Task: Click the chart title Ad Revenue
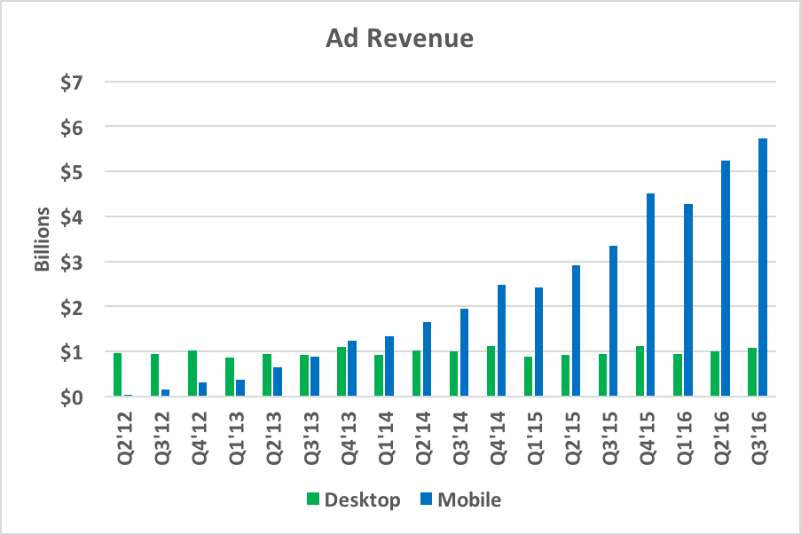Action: click(399, 39)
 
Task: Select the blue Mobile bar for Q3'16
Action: click(763, 267)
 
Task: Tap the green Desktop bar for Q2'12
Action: click(117, 374)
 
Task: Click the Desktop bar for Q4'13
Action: click(342, 372)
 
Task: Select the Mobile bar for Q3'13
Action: click(315, 376)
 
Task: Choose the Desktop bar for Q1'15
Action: click(528, 376)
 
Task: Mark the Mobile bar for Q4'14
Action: click(501, 341)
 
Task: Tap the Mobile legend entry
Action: click(459, 500)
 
